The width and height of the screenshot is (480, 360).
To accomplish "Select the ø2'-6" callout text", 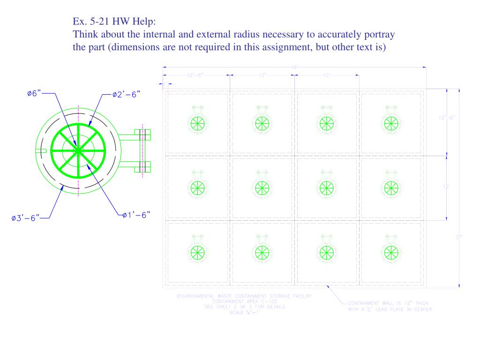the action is tap(126, 94).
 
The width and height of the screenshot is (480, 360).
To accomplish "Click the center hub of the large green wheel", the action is tap(78, 150).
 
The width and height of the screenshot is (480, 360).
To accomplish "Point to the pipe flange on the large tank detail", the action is tap(143, 150).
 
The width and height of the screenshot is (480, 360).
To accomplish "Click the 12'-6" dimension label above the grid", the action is tap(195, 75).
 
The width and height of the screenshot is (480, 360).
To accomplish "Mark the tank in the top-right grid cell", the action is tap(390, 123).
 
